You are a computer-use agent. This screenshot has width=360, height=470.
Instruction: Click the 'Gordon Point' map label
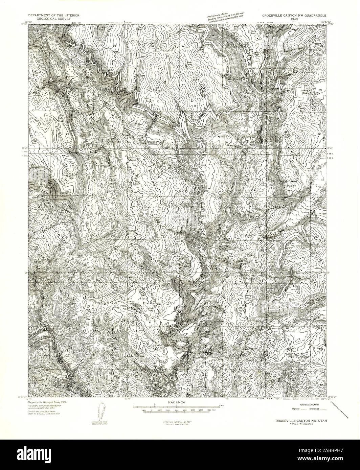[x=288, y=183]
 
